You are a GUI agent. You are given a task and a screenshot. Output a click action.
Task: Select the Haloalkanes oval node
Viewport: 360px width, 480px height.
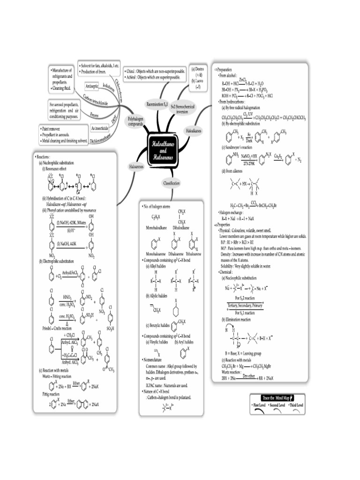coord(193,131)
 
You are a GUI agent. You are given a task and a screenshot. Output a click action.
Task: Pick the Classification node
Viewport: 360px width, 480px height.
coord(171,183)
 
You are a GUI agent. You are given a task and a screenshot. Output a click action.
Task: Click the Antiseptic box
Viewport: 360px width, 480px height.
coord(92,87)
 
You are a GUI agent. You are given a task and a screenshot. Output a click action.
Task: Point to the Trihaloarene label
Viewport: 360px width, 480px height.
coord(192,253)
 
